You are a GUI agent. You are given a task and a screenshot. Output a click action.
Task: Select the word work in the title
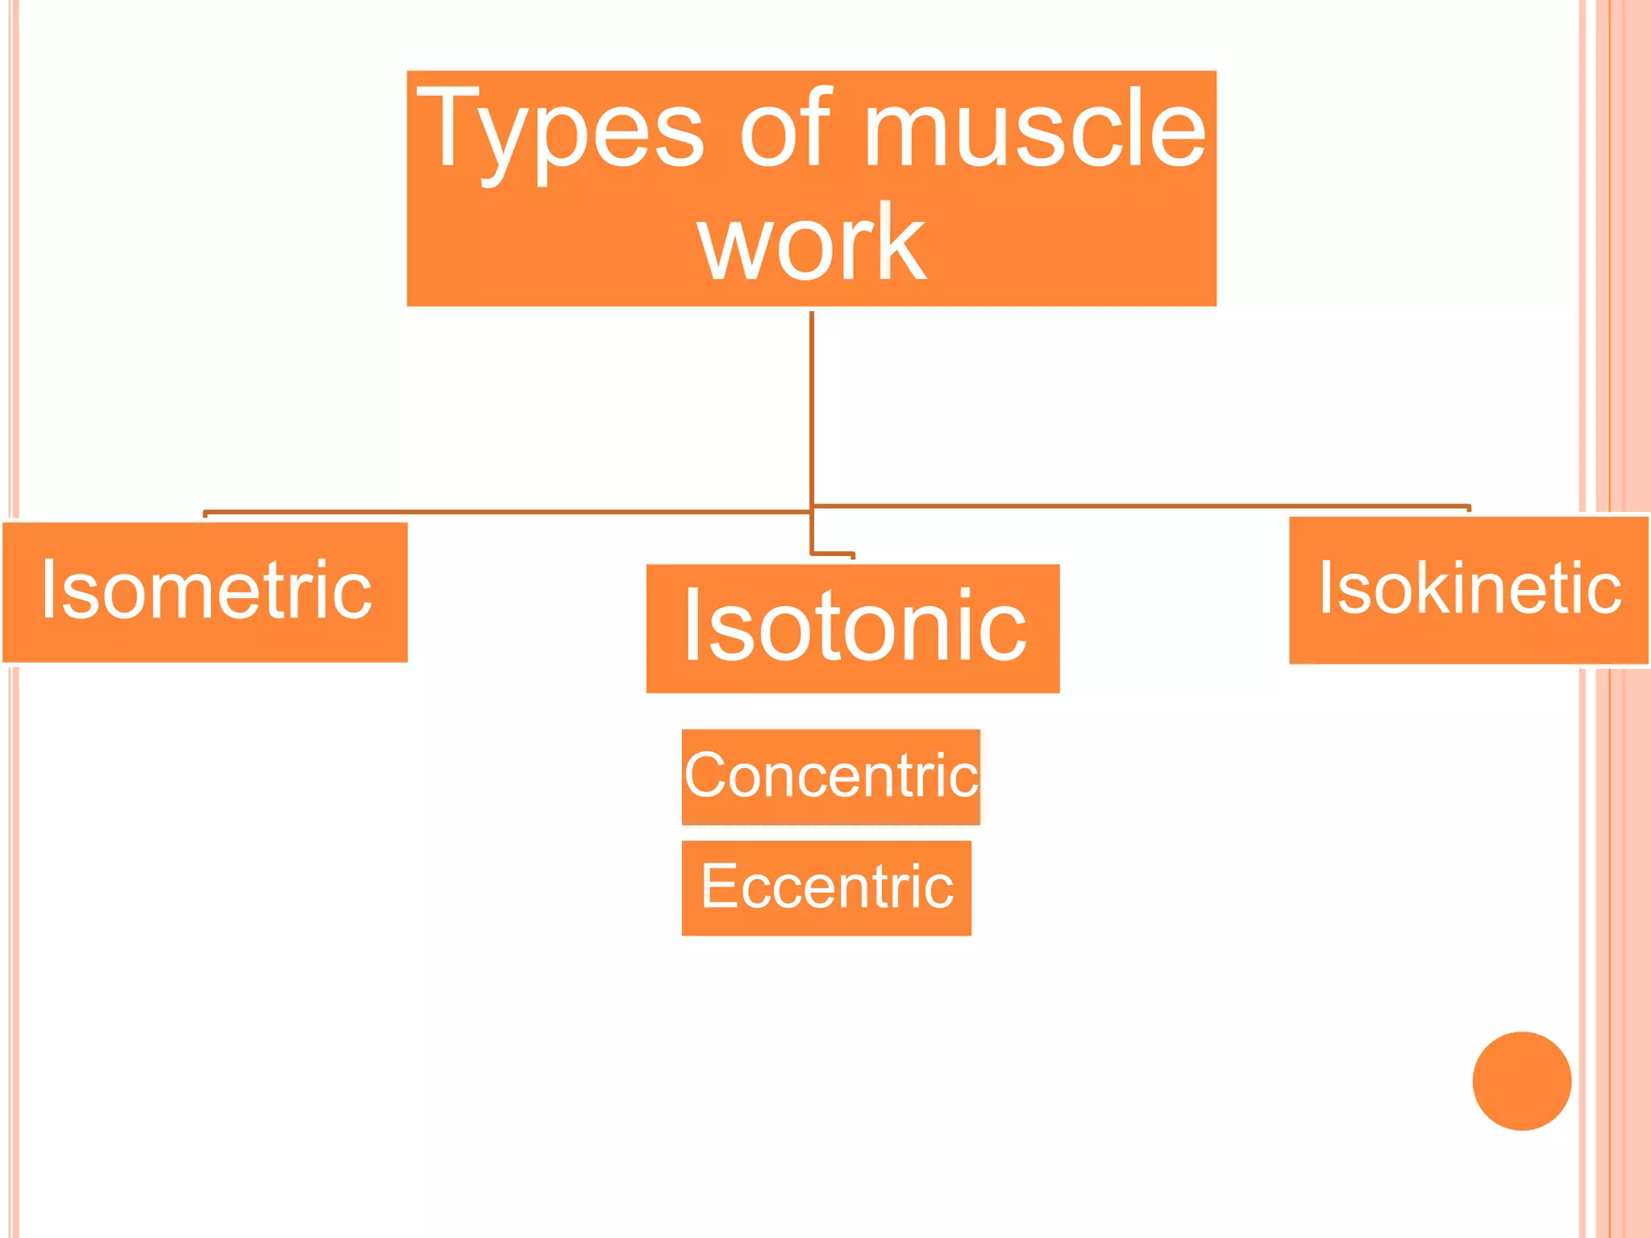point(811,243)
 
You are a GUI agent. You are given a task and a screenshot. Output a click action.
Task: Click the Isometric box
point(205,592)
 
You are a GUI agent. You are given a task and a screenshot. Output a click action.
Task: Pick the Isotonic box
point(853,629)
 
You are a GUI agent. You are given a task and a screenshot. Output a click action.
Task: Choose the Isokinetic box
point(1469,590)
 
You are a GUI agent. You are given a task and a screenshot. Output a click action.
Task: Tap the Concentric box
point(830,776)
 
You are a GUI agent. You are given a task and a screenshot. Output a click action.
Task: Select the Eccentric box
point(826,887)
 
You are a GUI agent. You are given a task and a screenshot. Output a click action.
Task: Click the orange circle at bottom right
point(1521,1081)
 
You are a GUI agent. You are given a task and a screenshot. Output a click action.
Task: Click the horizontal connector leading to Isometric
point(508,511)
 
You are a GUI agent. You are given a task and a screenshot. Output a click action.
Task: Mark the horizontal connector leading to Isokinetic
point(1141,506)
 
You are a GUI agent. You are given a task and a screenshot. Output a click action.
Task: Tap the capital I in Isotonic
point(692,625)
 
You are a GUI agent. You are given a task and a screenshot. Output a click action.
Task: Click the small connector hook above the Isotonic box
point(833,554)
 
